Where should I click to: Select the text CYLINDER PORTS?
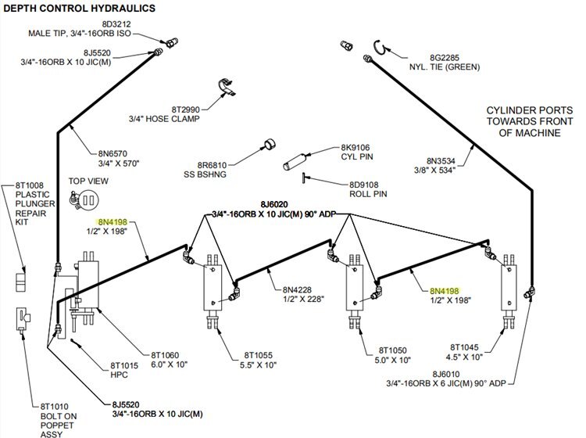click(520, 111)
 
